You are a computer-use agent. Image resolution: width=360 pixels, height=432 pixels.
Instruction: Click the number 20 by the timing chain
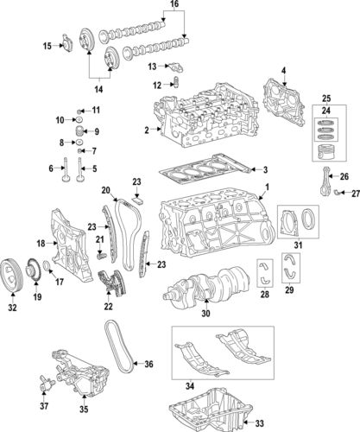104,190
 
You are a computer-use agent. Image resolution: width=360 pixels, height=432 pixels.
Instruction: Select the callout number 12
157,85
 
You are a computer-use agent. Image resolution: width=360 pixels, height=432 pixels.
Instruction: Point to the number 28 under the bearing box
264,295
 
